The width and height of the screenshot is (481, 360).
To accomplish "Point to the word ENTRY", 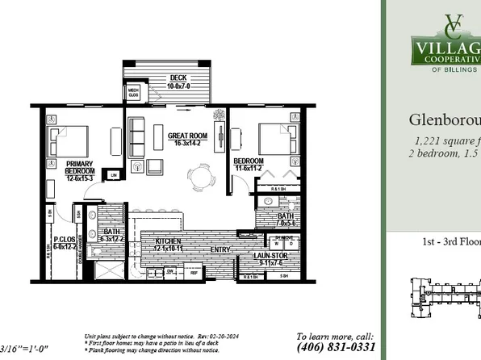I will [x=219, y=249].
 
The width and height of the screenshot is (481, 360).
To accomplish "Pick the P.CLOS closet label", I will [x=64, y=241].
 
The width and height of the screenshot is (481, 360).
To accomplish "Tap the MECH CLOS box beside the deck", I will [x=133, y=91].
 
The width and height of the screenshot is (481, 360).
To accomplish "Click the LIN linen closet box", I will [x=115, y=174].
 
